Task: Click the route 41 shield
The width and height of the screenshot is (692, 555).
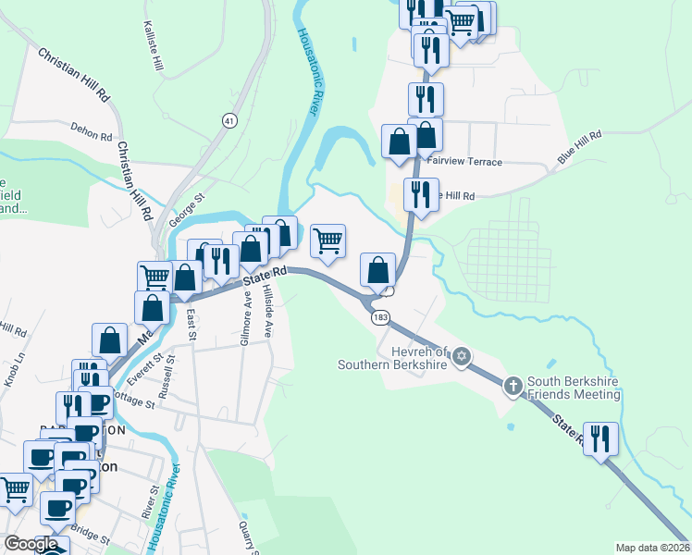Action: [229, 120]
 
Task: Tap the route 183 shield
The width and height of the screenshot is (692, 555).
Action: [381, 317]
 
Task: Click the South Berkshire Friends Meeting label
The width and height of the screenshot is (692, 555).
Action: [574, 388]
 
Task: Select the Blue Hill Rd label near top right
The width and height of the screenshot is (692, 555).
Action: [579, 148]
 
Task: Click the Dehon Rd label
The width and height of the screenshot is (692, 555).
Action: [91, 134]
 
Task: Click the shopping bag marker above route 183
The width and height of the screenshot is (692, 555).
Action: [377, 270]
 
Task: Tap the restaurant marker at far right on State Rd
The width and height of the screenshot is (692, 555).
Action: [601, 438]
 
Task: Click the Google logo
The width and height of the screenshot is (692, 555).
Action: [31, 545]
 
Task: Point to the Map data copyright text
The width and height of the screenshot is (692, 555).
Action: [653, 548]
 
